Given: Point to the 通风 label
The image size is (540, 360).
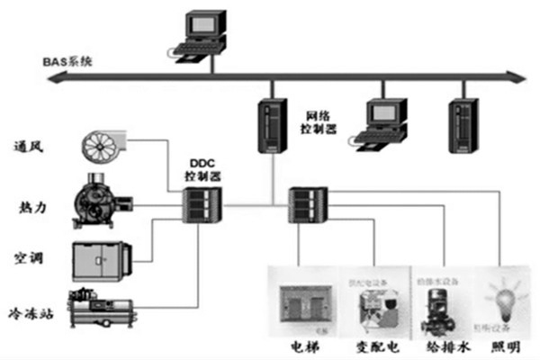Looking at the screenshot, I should pyautogui.click(x=30, y=146).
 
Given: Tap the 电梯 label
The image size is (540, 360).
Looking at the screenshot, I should pyautogui.click(x=302, y=347).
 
